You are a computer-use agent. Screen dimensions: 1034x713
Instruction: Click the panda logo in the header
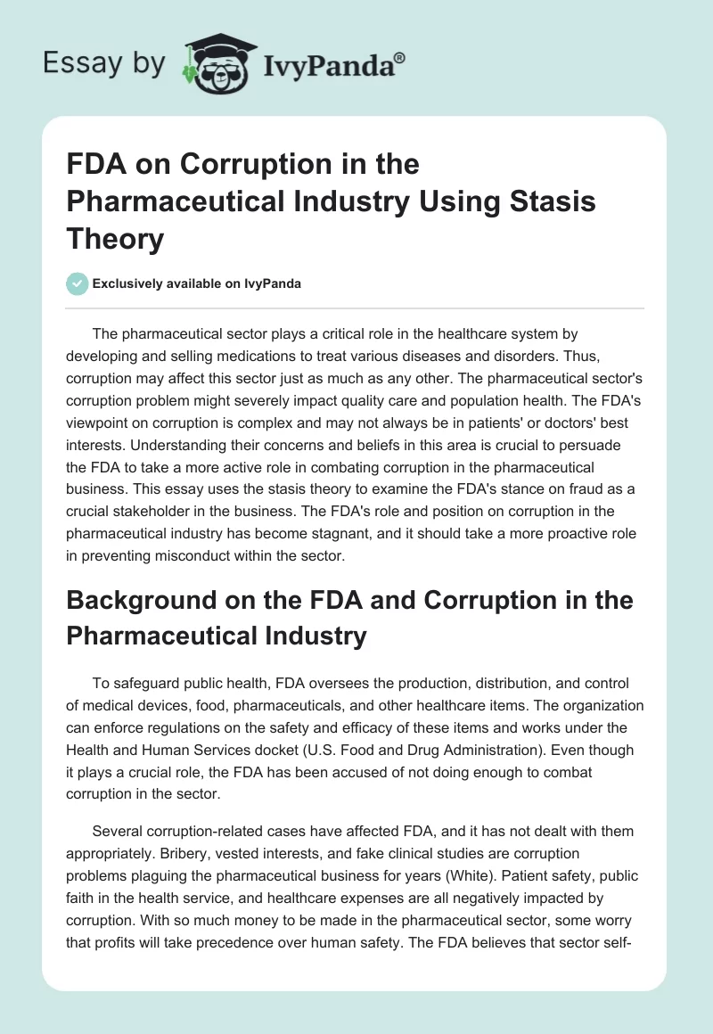point(212,61)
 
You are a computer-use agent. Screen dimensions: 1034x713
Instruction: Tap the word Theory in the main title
point(115,238)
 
